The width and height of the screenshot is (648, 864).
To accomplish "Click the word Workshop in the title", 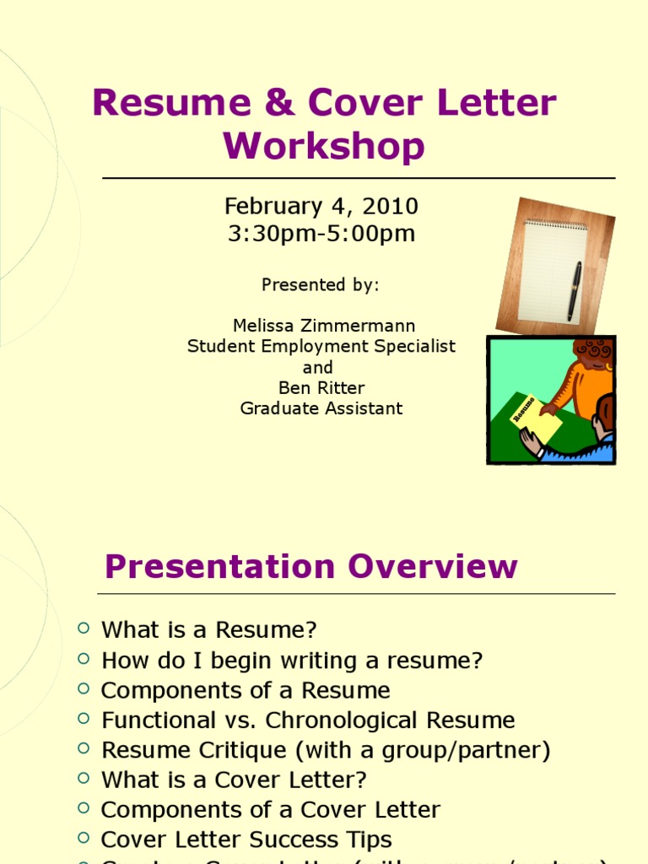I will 324,146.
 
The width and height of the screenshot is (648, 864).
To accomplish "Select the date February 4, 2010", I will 321,206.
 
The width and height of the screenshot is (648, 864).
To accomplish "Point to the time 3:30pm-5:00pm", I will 321,234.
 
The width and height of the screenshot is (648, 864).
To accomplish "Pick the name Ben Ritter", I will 321,388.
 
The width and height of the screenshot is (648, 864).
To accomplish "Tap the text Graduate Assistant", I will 321,408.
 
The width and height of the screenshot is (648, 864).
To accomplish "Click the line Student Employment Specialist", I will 321,346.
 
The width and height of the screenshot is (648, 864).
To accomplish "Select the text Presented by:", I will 321,285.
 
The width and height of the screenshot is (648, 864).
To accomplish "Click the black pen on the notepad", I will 575,289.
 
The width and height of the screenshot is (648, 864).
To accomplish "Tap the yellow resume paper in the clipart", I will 535,418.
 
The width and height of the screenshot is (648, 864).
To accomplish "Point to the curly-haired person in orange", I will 591,375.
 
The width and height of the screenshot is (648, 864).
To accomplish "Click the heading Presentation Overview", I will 310,566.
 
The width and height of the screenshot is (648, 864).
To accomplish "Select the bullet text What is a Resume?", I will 209,630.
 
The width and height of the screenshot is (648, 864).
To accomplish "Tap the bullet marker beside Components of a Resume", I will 83,688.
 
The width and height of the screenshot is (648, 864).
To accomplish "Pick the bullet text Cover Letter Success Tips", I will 246,840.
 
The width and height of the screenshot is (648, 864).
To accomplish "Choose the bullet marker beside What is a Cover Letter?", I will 83,778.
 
